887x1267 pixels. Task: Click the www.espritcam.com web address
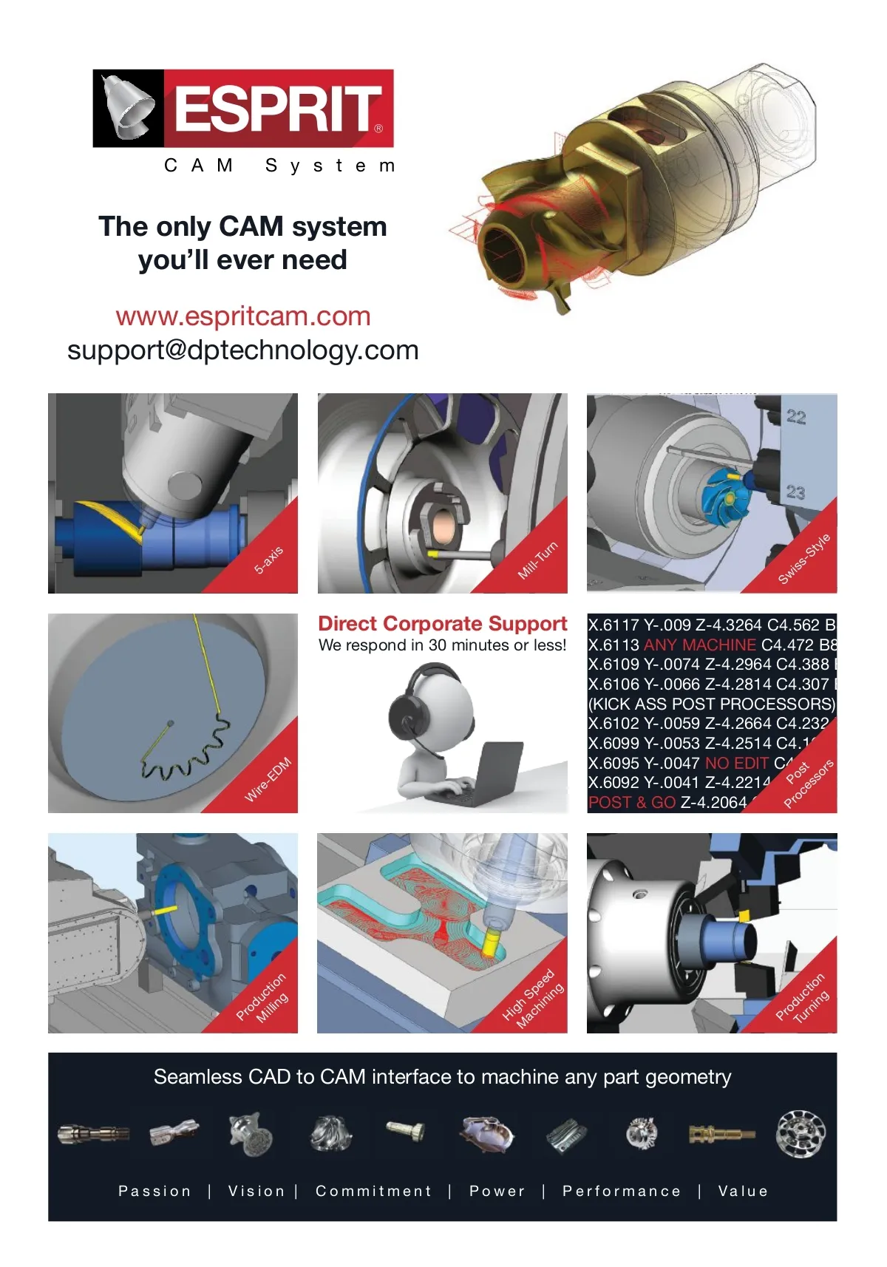(x=243, y=316)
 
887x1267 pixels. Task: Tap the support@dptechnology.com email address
(x=243, y=350)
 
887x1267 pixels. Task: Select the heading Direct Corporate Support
(x=442, y=623)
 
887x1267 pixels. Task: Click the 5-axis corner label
(x=268, y=560)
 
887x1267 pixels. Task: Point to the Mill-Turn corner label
(x=538, y=560)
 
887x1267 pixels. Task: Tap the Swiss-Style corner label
(x=804, y=558)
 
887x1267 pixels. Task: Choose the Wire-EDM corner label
(x=268, y=779)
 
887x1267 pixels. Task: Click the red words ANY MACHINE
(x=700, y=645)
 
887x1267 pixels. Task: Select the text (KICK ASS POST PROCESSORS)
(x=712, y=704)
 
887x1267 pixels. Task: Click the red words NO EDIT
(x=737, y=763)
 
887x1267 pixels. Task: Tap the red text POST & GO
(x=632, y=802)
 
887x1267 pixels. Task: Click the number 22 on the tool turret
(x=796, y=417)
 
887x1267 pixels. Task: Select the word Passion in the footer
(x=154, y=1191)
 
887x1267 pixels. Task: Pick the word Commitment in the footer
(x=373, y=1191)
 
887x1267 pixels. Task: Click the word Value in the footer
(x=743, y=1191)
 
